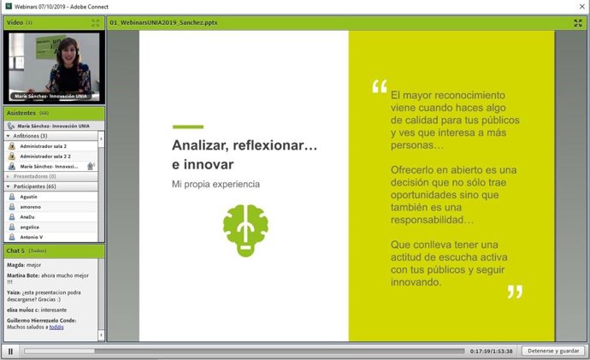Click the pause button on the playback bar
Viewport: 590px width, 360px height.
(10, 351)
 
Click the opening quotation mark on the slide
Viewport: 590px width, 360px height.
(379, 87)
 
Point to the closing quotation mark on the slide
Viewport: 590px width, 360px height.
(514, 292)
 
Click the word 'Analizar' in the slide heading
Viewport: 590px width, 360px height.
(201, 145)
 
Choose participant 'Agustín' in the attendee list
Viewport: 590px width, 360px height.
(30, 197)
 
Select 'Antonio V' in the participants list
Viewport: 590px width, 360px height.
(32, 237)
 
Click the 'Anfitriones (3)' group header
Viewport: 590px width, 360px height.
(30, 136)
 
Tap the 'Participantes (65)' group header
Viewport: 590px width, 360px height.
(34, 186)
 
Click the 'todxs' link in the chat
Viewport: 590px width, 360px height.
(56, 328)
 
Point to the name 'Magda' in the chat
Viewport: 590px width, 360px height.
(16, 265)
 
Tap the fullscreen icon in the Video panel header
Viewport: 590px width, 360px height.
(96, 22)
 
